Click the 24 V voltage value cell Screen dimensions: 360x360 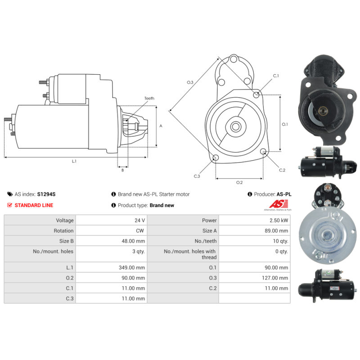[139, 220]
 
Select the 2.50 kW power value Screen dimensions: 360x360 [279, 220]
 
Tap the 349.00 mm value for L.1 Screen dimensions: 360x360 [132, 267]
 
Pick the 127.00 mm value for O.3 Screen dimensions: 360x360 [275, 278]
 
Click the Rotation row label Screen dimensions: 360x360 [63, 231]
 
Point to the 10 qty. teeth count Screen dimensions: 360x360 [280, 241]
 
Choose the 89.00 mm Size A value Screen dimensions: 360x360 [276, 231]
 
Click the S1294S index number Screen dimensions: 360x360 [46, 194]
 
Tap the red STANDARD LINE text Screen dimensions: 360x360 [34, 205]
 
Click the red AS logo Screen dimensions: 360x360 [279, 204]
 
